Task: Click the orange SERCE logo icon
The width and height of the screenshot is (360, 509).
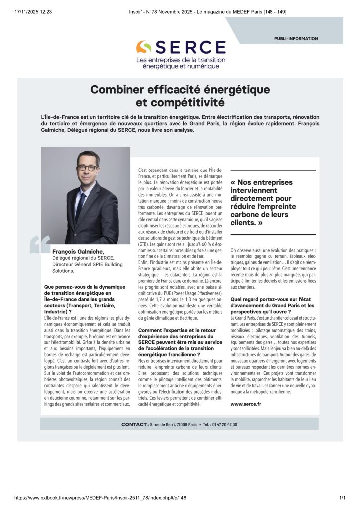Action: pos(144,47)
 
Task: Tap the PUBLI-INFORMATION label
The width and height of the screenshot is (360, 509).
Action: pos(296,38)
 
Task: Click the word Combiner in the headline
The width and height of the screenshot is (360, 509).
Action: pos(117,90)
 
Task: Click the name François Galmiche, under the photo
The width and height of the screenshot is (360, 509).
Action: pos(78,252)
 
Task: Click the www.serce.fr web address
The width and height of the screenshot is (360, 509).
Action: pos(246,404)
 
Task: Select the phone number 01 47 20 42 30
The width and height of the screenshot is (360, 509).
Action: pos(220,424)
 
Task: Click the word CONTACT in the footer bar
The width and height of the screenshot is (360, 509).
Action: pos(133,424)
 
